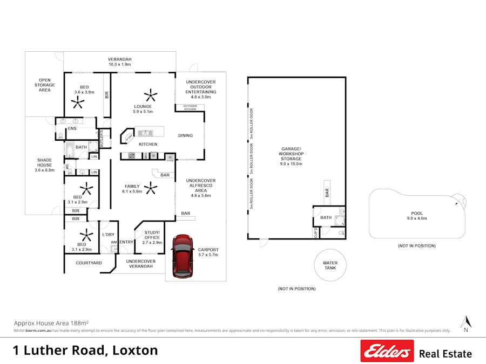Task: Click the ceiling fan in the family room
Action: (151, 189)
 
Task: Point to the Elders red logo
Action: (387, 351)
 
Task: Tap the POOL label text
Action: (417, 213)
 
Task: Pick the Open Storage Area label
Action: (44, 85)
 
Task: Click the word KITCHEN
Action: (148, 145)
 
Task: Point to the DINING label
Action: (185, 135)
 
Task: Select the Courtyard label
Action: (89, 263)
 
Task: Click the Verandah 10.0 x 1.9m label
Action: (119, 61)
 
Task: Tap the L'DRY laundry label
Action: (109, 235)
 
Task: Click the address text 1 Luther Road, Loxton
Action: (85, 350)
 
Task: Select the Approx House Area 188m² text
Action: (51, 322)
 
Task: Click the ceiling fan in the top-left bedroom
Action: (79, 102)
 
